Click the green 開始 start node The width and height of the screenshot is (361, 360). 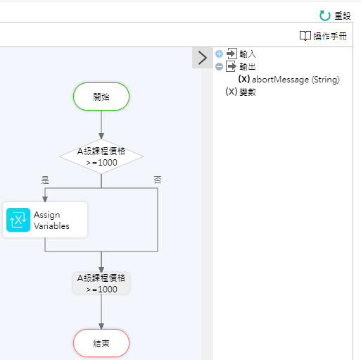click(x=101, y=97)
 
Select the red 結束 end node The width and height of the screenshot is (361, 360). click(x=101, y=343)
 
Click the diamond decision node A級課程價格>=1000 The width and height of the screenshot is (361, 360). click(x=101, y=156)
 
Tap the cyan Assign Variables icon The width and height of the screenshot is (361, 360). click(x=18, y=220)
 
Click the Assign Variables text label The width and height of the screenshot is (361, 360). click(x=51, y=221)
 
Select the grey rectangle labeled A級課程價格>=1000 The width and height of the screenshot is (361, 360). click(x=101, y=283)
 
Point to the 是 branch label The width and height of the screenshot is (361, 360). click(x=45, y=180)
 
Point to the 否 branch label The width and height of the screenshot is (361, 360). click(x=158, y=180)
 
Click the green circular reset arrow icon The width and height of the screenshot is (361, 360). click(x=325, y=15)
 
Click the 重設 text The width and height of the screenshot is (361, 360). click(x=343, y=16)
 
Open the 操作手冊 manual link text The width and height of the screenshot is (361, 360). click(x=330, y=37)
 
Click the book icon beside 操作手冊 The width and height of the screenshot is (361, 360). click(x=305, y=36)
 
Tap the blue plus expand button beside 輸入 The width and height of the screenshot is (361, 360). click(x=219, y=54)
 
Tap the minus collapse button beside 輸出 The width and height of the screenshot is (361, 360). click(x=219, y=67)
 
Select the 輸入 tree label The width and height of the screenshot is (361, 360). click(x=248, y=54)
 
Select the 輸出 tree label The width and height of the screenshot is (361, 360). click(x=248, y=67)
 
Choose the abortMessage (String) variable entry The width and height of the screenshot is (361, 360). click(x=289, y=80)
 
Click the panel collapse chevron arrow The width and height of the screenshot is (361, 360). click(x=203, y=58)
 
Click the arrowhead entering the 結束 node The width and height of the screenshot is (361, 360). click(x=101, y=326)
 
